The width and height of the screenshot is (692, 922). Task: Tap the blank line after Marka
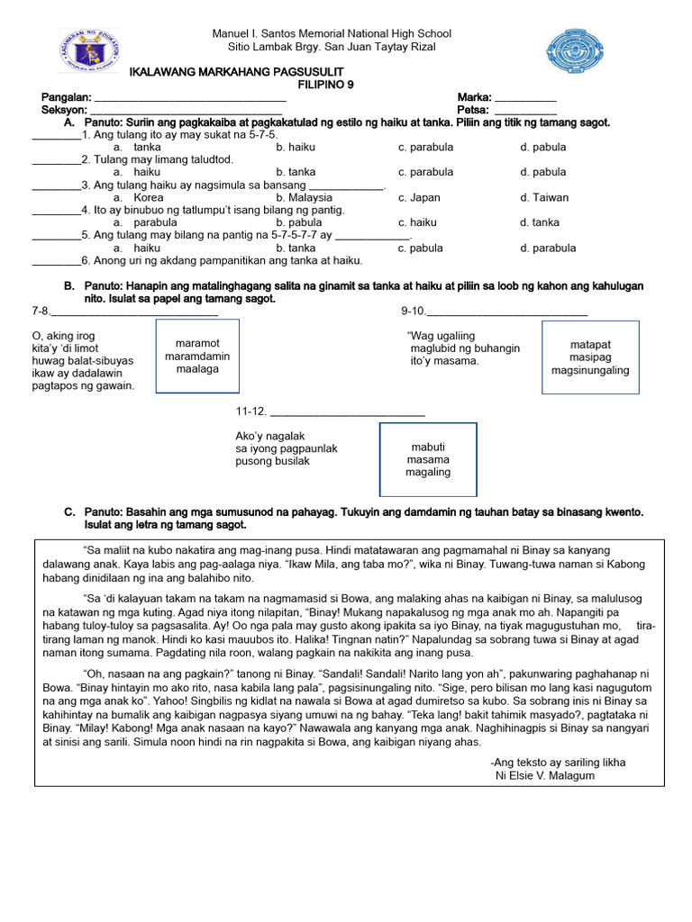(525, 98)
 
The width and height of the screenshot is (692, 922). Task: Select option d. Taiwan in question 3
(544, 197)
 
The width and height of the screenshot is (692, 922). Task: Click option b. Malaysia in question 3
(305, 197)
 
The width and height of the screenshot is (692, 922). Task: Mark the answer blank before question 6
(56, 261)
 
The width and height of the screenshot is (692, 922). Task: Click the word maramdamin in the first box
(197, 357)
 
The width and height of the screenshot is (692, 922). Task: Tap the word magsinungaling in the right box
(590, 370)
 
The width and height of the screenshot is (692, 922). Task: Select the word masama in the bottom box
(428, 459)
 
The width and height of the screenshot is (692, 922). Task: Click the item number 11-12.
(251, 411)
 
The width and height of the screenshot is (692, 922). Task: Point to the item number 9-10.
(412, 312)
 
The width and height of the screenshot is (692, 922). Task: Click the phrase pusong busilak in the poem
(272, 461)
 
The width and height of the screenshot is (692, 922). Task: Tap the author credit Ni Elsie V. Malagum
(545, 776)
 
